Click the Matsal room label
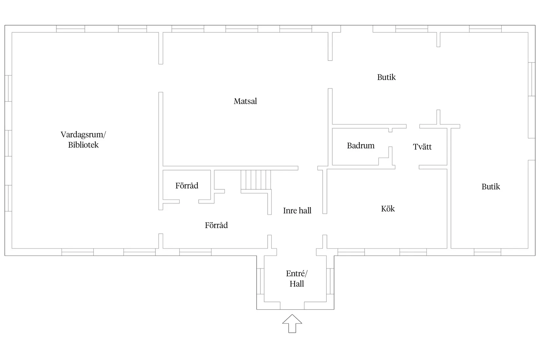[245, 101]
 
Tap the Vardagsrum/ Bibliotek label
[83, 140]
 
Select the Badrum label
[361, 146]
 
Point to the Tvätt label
[422, 147]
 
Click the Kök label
[388, 208]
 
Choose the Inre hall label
[297, 210]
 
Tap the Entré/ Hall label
[297, 279]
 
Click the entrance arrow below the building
[292, 324]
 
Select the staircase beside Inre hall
[256, 180]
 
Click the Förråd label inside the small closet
[187, 186]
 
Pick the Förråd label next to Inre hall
[216, 225]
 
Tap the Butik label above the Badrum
[386, 77]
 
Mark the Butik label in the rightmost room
[491, 187]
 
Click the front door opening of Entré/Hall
[292, 305]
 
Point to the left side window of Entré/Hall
[261, 281]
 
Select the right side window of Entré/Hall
[330, 281]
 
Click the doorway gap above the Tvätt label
[413, 126]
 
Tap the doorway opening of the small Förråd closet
[189, 202]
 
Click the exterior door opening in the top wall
[357, 29]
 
